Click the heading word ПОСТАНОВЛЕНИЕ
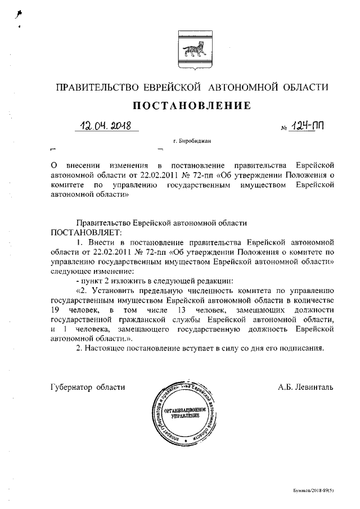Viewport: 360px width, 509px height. [191, 106]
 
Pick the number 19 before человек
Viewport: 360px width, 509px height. [55, 310]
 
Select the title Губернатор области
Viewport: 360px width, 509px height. [87, 387]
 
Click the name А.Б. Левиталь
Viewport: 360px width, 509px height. [305, 387]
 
